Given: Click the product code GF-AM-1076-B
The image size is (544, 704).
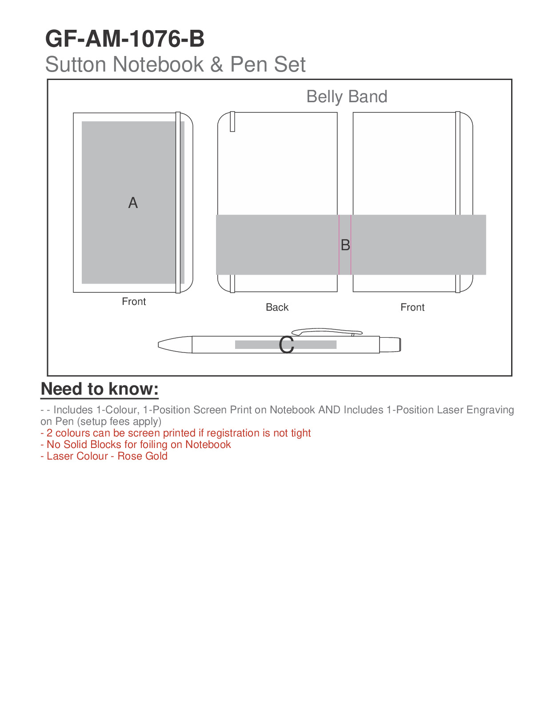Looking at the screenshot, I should tap(125, 39).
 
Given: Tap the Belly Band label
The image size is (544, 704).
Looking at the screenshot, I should tap(347, 96).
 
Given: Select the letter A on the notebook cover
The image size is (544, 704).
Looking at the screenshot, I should tap(133, 203).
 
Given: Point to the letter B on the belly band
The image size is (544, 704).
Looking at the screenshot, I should tap(345, 245).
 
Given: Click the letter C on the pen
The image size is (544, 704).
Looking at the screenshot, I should tap(287, 345).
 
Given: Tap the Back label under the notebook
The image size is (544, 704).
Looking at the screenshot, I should tap(277, 307).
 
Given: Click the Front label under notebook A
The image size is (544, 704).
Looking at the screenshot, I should tap(134, 301).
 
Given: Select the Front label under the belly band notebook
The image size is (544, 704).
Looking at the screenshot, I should tap(412, 307).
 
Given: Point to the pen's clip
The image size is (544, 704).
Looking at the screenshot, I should tap(327, 331).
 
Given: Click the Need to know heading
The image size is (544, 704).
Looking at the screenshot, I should tap(100, 389).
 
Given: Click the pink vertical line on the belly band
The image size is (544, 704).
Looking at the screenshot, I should tap(339, 245).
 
